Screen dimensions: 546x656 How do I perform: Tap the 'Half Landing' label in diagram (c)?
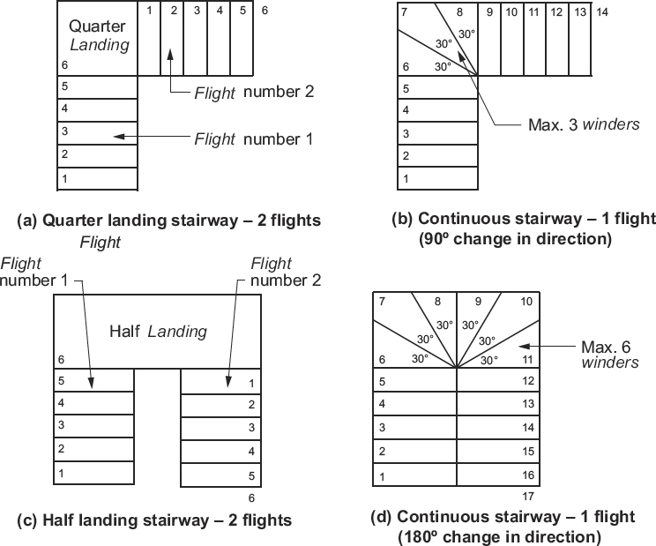click(x=158, y=332)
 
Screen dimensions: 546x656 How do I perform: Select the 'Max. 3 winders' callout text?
click(x=584, y=123)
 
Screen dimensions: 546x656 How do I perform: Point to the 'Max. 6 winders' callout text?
click(x=609, y=355)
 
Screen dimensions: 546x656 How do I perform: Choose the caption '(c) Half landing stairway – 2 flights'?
click(x=154, y=520)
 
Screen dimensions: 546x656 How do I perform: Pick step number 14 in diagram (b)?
click(x=601, y=12)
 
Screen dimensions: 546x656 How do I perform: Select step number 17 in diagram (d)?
click(x=529, y=496)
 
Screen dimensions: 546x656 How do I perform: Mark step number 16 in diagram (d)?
click(x=528, y=475)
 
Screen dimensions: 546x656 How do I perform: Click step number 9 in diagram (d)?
click(x=478, y=302)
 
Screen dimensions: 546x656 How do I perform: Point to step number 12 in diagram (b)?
click(x=555, y=12)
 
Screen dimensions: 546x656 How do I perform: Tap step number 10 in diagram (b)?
click(x=511, y=12)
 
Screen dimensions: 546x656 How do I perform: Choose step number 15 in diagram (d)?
click(x=528, y=452)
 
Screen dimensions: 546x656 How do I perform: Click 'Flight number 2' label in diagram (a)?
click(x=254, y=91)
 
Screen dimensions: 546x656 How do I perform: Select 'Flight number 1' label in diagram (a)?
click(x=254, y=138)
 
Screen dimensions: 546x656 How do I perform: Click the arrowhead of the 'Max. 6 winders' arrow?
click(x=520, y=345)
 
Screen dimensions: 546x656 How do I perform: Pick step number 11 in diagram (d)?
click(x=528, y=360)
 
